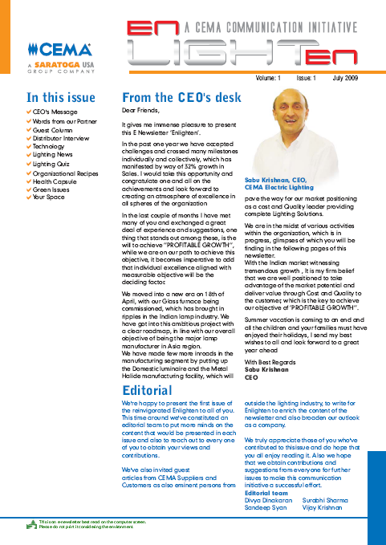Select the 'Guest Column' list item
(52, 129)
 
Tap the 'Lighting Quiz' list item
(52, 164)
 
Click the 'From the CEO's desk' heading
(181, 97)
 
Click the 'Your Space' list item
(49, 198)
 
